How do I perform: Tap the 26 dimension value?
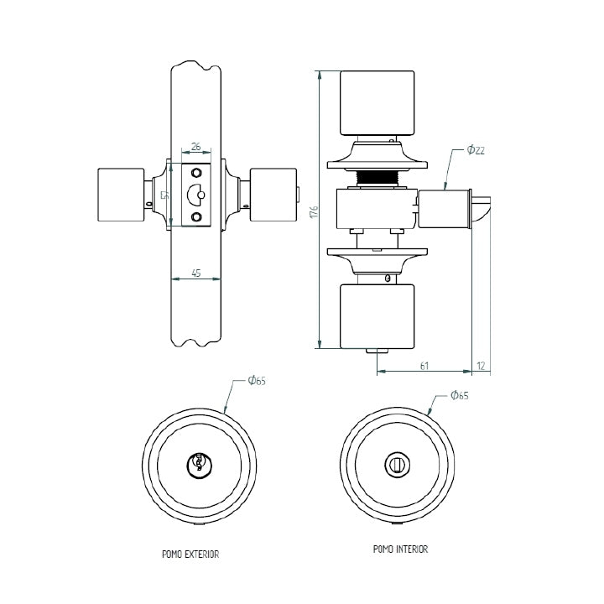pos(195,147)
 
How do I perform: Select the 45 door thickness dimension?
pos(195,273)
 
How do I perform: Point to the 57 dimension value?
pos(166,195)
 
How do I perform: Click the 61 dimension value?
pos(424,365)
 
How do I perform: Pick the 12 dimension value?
pos(481,365)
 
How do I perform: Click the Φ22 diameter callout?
pos(476,150)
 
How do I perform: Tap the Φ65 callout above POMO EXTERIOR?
pos(257,382)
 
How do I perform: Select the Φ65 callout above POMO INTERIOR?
pos(459,395)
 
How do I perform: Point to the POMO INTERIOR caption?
pos(400,549)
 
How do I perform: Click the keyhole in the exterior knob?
pos(199,462)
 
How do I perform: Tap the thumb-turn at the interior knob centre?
pos(393,463)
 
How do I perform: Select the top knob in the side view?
pos(377,103)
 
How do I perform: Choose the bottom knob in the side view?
pos(377,315)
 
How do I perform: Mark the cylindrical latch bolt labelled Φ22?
pos(445,210)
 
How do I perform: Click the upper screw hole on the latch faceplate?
pos(197,173)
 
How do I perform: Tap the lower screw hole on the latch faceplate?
pos(197,218)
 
